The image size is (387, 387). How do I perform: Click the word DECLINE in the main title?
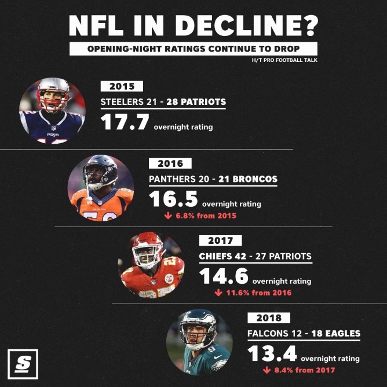(x=247, y=25)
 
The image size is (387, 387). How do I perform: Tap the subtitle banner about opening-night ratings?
(x=193, y=49)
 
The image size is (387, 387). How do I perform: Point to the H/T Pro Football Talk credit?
(x=284, y=60)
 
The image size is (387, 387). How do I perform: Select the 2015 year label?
(x=121, y=86)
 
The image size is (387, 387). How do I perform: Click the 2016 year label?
(x=170, y=164)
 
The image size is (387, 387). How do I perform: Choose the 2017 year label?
(x=220, y=240)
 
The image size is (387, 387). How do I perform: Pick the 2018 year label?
(x=269, y=317)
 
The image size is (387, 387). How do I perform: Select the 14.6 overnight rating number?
(x=224, y=276)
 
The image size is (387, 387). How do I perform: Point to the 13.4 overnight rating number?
(x=272, y=353)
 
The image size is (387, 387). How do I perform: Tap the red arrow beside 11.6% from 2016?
(x=218, y=293)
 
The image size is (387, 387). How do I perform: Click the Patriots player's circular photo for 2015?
(x=53, y=109)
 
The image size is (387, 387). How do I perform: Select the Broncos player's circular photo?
(x=101, y=187)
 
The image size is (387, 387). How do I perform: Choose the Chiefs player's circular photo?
(x=151, y=265)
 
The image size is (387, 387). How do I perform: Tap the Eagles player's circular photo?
(x=199, y=342)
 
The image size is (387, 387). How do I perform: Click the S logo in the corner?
(x=23, y=363)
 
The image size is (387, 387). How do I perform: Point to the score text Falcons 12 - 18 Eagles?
(x=303, y=333)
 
